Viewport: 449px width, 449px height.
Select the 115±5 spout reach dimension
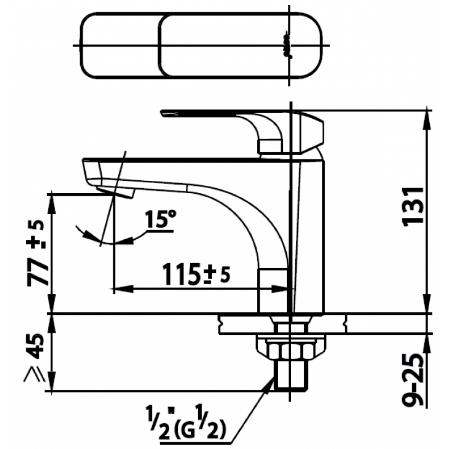196,274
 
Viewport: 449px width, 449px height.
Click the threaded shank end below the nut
291,375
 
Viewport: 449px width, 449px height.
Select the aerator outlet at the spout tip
115,192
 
